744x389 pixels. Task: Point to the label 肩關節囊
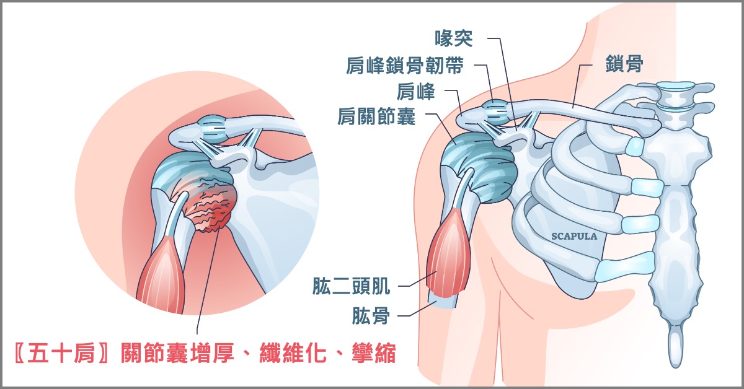[x=377, y=116]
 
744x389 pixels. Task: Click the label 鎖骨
[x=624, y=63]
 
